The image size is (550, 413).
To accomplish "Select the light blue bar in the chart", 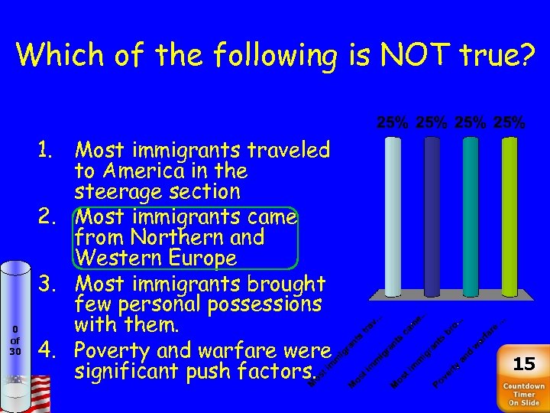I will pyautogui.click(x=393, y=218).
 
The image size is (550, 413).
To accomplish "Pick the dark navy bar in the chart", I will pyautogui.click(x=432, y=218).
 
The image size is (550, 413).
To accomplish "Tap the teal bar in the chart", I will pyautogui.click(x=471, y=218).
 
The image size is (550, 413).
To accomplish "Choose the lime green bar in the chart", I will pyautogui.click(x=510, y=218).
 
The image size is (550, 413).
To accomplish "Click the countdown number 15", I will pyautogui.click(x=524, y=363).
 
